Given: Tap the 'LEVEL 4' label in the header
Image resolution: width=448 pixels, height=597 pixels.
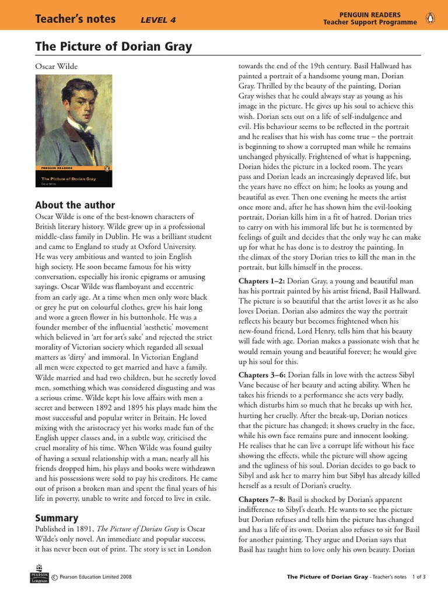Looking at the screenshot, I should pyautogui.click(x=158, y=20).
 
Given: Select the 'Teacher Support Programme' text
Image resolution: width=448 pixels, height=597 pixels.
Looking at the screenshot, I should pyautogui.click(x=370, y=22).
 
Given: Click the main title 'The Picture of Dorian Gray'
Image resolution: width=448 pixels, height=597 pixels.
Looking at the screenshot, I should pyautogui.click(x=114, y=46).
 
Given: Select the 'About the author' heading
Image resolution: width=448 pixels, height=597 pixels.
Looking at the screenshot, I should pyautogui.click(x=75, y=205).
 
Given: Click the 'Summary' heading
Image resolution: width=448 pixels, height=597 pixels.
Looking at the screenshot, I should pyautogui.click(x=57, y=518).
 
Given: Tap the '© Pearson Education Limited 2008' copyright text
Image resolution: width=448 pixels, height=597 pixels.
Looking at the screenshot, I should pyautogui.click(x=92, y=577).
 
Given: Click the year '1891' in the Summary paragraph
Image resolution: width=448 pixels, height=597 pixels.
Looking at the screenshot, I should pyautogui.click(x=93, y=529).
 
